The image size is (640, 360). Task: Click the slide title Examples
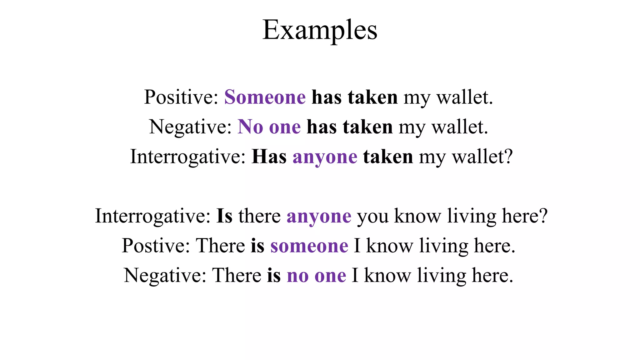pyautogui.click(x=320, y=30)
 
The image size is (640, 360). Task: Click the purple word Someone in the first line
pyautogui.click(x=265, y=97)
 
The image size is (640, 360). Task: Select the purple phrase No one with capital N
pyautogui.click(x=269, y=127)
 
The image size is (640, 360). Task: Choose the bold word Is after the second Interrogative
pyautogui.click(x=224, y=216)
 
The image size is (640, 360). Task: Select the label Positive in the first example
pyautogui.click(x=181, y=97)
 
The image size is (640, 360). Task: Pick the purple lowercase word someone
pyautogui.click(x=309, y=246)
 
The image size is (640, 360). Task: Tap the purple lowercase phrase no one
pyautogui.click(x=316, y=276)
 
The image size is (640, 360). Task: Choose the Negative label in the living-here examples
pyautogui.click(x=165, y=275)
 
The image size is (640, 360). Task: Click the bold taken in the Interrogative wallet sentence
pyautogui.click(x=388, y=157)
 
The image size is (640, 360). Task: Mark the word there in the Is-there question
pyautogui.click(x=259, y=216)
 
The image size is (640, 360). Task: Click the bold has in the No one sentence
pyautogui.click(x=322, y=127)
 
